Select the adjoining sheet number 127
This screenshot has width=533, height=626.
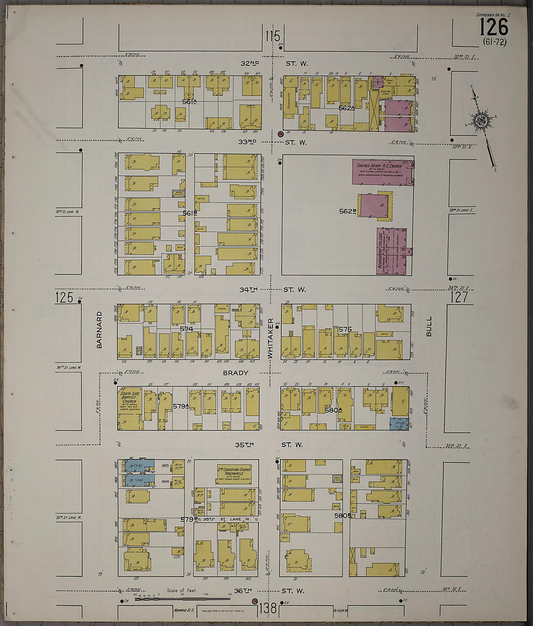click(459, 296)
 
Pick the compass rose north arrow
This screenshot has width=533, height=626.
click(481, 121)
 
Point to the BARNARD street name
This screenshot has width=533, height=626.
click(99, 330)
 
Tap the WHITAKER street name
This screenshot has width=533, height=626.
click(271, 338)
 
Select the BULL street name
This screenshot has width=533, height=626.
click(428, 326)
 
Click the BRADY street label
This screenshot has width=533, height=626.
click(235, 373)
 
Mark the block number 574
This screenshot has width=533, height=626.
click(187, 329)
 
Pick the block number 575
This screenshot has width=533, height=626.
click(345, 329)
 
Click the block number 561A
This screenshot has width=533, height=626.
click(189, 101)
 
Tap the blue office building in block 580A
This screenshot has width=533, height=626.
click(399, 423)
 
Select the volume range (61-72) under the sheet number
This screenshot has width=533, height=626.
click(494, 42)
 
